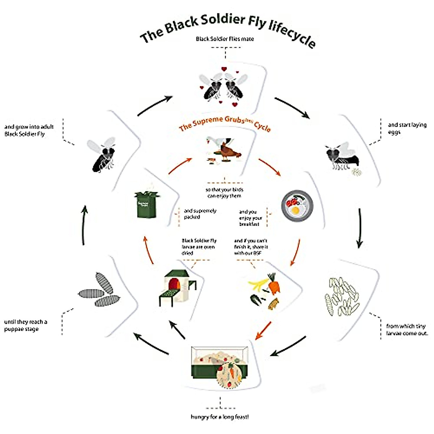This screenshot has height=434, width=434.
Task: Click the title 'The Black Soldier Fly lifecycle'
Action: [228, 29]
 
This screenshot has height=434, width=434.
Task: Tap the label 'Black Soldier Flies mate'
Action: [225, 39]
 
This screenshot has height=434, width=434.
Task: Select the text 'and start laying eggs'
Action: [407, 128]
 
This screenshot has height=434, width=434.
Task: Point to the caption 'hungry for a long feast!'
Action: [220, 417]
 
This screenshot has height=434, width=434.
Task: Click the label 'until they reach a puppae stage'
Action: [26, 325]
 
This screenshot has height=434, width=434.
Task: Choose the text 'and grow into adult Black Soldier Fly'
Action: [29, 130]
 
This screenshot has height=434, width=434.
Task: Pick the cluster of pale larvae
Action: [342, 297]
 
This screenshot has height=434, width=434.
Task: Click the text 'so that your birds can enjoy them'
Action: [224, 193]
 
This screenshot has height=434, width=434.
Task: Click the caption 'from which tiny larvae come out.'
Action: [407, 329]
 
